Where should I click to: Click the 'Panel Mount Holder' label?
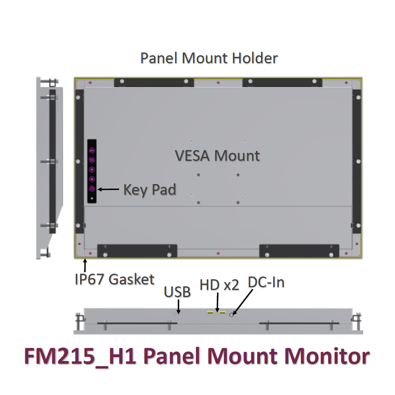[x=209, y=58]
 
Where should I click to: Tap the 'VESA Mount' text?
[x=217, y=156]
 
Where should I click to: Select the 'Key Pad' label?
[x=150, y=190]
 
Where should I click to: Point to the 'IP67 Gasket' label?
[x=114, y=279]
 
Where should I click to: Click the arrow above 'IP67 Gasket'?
[x=86, y=265]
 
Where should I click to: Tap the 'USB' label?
[x=177, y=292]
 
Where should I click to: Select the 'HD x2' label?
[x=219, y=285]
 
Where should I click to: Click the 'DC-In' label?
[x=266, y=283]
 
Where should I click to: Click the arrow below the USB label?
[x=179, y=307]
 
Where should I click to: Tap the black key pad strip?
[x=92, y=171]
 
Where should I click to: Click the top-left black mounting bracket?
[x=154, y=82]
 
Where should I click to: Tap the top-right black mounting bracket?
[x=282, y=82]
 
